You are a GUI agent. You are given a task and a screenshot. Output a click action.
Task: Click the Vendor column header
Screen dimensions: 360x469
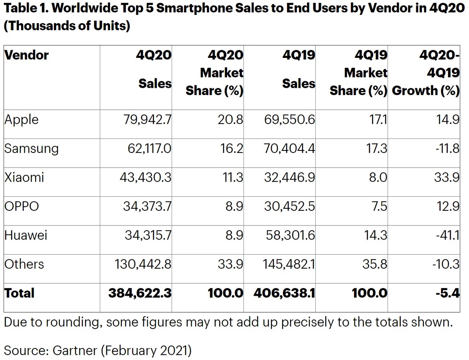(x=26, y=55)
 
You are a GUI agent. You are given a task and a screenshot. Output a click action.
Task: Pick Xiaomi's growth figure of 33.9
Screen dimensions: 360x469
(x=447, y=177)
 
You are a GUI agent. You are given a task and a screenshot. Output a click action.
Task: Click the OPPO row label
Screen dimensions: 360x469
(x=22, y=206)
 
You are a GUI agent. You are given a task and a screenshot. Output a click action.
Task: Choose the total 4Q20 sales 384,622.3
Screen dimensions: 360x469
(x=140, y=293)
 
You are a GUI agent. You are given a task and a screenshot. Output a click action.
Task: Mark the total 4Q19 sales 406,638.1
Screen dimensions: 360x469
(x=285, y=293)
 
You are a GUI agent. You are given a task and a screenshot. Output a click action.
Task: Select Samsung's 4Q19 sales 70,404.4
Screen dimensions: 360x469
(x=289, y=148)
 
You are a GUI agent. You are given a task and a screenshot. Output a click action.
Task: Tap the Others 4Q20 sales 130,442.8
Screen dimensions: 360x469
(x=143, y=264)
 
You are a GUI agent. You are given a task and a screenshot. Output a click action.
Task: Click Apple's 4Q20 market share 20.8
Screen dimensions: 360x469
(x=231, y=120)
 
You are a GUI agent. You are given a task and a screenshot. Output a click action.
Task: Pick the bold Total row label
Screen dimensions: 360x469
(x=19, y=293)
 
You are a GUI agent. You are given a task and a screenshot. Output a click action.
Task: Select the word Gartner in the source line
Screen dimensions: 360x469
(x=74, y=350)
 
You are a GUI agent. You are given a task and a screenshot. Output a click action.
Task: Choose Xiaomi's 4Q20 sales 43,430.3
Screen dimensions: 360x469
(x=145, y=177)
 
